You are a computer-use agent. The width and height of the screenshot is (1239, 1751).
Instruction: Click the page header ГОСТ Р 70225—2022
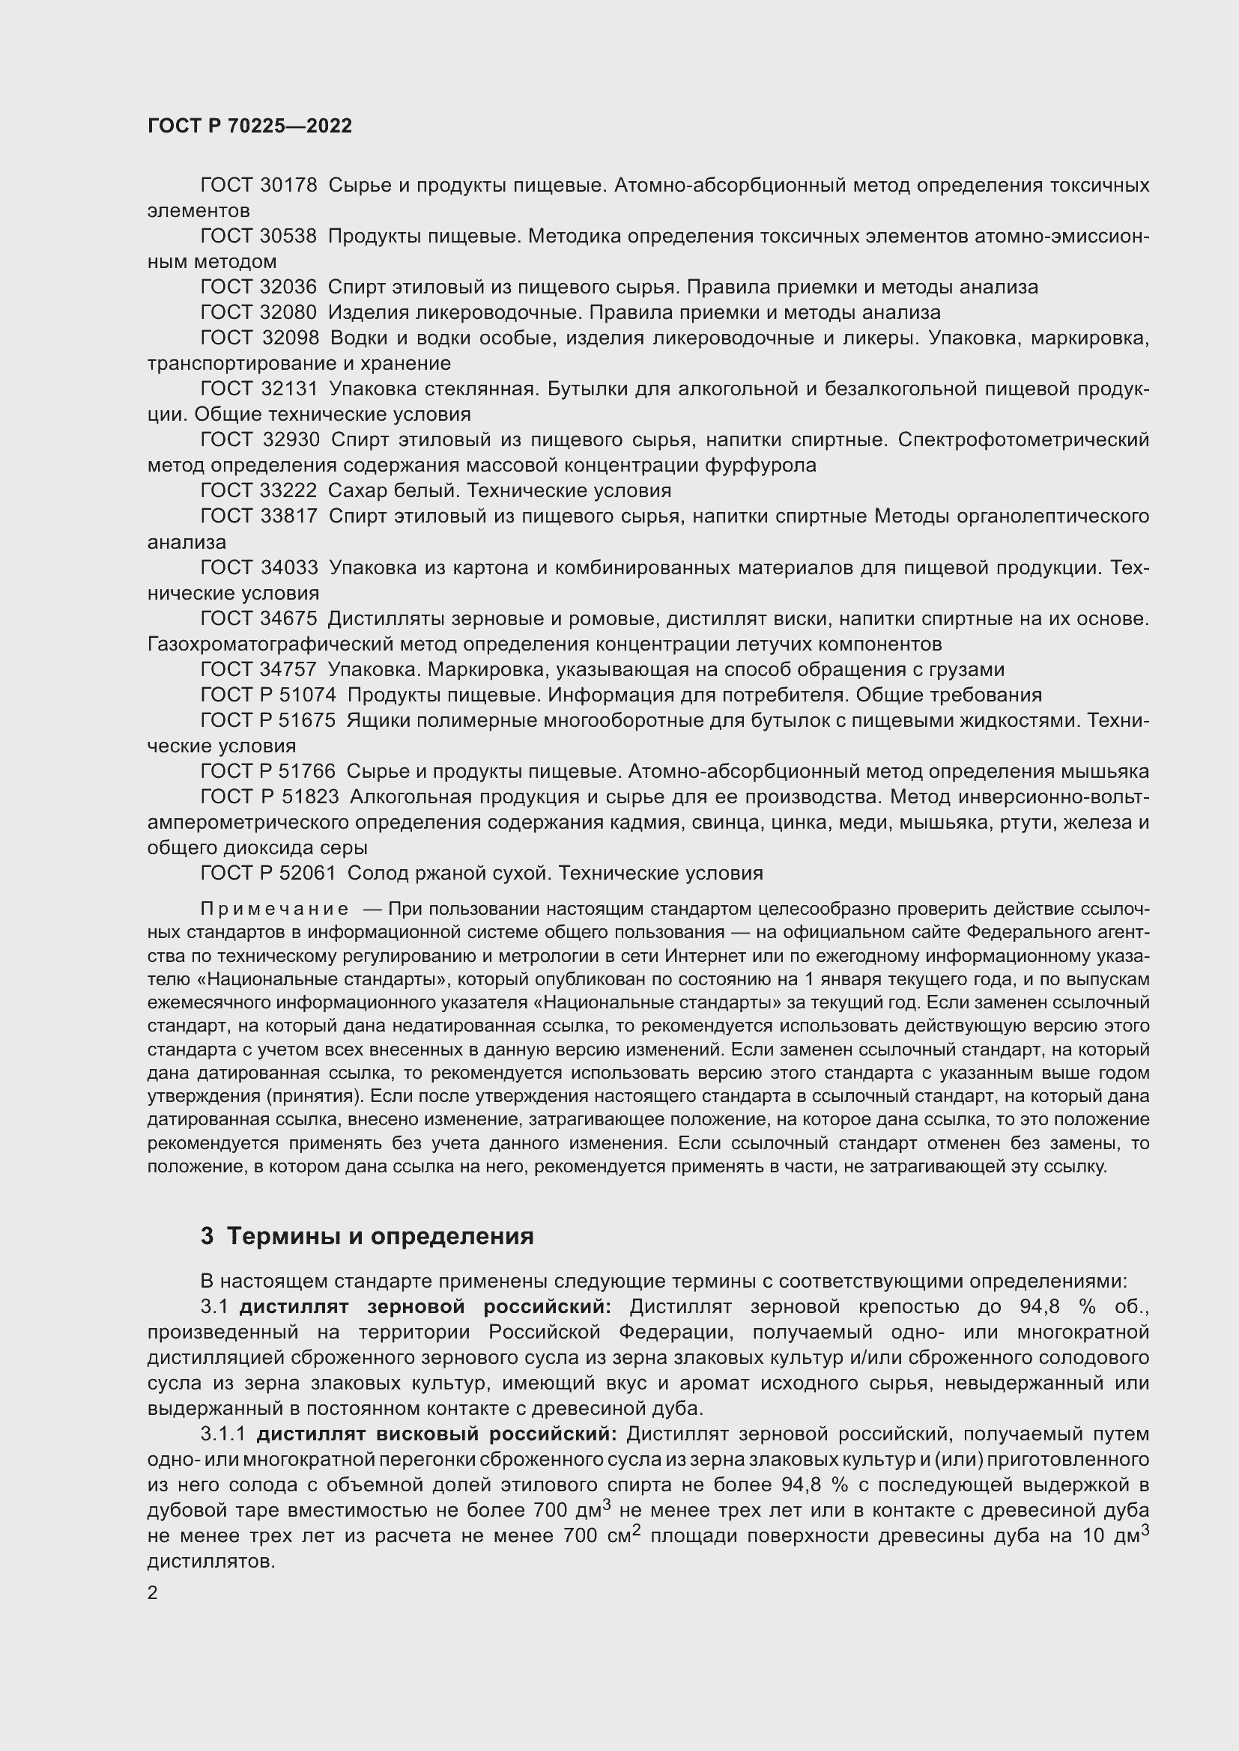(249, 127)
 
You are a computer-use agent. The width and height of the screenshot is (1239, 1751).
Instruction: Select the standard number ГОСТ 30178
(258, 186)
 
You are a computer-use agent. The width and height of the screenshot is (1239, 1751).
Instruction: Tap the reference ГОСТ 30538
(258, 237)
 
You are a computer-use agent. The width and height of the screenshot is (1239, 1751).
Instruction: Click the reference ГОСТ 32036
(258, 287)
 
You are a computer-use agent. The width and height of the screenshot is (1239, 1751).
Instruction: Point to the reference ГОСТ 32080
(258, 313)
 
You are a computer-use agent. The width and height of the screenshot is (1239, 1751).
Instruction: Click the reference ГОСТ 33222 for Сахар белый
(258, 490)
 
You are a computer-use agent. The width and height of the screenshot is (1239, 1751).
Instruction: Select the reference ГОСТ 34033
(258, 567)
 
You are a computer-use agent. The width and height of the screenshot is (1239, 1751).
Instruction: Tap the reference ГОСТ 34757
(258, 669)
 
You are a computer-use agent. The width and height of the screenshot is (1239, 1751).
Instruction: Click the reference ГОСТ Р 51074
(267, 695)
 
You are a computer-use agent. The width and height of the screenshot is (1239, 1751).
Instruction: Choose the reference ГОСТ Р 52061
(267, 873)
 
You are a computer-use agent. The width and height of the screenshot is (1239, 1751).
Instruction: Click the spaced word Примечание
(275, 909)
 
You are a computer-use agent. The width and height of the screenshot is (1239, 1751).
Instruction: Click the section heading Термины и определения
(380, 1237)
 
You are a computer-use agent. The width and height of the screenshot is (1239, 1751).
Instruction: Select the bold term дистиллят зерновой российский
(425, 1307)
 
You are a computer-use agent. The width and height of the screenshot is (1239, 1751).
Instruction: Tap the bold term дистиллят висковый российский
(437, 1434)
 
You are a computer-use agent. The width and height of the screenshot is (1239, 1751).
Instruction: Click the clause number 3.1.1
(222, 1434)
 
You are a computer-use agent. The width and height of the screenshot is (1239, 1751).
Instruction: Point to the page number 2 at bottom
(153, 1593)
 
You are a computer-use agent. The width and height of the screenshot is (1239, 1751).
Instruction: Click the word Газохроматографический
(283, 645)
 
